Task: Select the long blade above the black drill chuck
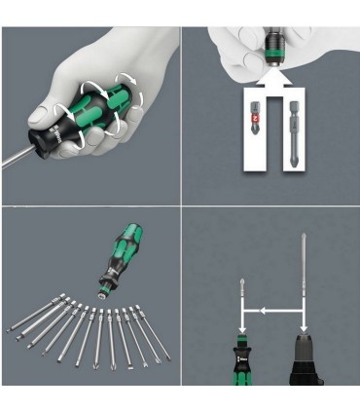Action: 305,282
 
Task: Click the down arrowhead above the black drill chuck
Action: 305,331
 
